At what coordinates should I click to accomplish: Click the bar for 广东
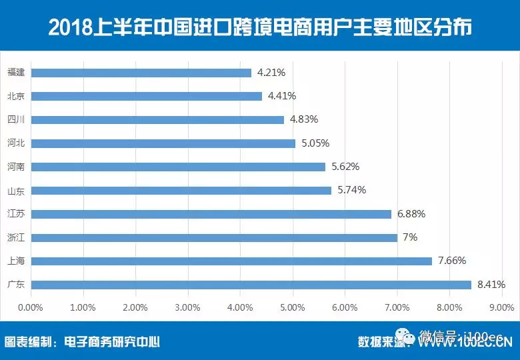tap(251, 285)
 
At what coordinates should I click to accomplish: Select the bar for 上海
tap(231, 261)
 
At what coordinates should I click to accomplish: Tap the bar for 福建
tap(141, 73)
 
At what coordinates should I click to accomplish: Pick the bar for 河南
tap(177, 167)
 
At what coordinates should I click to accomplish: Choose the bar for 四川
tap(157, 120)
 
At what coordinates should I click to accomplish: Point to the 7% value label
tap(410, 237)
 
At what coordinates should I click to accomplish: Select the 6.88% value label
tap(411, 214)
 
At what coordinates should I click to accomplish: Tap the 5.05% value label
tap(315, 143)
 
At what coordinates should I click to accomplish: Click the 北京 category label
tap(15, 96)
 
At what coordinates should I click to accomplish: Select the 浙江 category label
tap(15, 237)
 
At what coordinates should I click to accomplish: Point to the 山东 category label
tap(15, 191)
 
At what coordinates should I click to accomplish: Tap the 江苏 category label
tap(15, 214)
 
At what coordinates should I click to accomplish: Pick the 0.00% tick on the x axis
tap(30, 307)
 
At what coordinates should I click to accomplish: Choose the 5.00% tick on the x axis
tap(292, 307)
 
